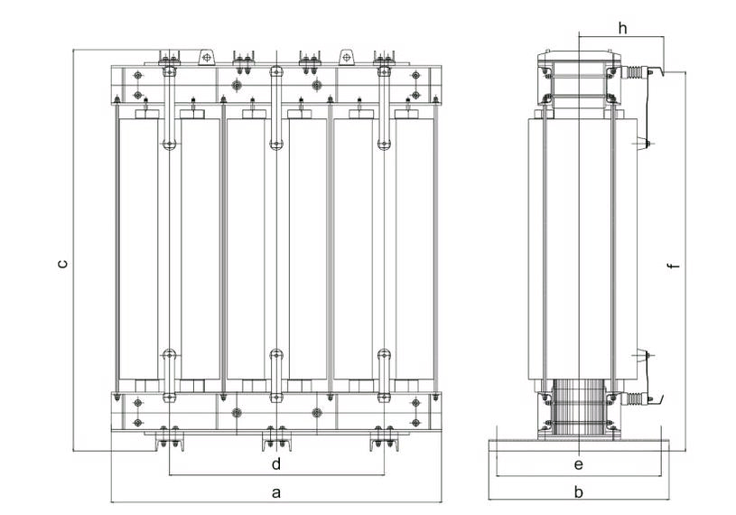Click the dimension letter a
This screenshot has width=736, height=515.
pyautogui.click(x=276, y=492)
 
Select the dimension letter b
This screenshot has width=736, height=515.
pyautogui.click(x=579, y=492)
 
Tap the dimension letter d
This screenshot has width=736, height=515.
pyautogui.click(x=276, y=464)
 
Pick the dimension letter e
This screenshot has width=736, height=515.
pyautogui.click(x=579, y=464)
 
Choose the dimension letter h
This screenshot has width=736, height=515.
pyautogui.click(x=622, y=28)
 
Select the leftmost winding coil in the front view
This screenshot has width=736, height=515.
pyautogui.click(x=138, y=248)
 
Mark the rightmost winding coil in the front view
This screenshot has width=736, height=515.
pyautogui.click(x=414, y=248)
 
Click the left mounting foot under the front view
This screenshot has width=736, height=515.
pyautogui.click(x=168, y=440)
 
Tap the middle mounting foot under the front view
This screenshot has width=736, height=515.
pyautogui.click(x=275, y=440)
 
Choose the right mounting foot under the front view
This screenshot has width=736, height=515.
pyautogui.click(x=383, y=440)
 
